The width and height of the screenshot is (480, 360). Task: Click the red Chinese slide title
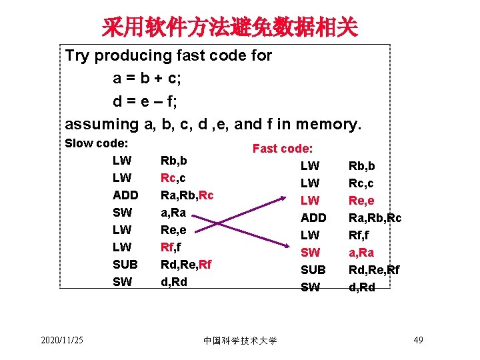tap(229, 27)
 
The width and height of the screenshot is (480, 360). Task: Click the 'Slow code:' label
tap(96, 143)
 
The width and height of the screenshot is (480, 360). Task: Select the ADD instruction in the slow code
tap(125, 195)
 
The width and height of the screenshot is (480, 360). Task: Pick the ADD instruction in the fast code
tap(313, 217)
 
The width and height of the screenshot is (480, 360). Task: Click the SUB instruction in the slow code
tap(125, 264)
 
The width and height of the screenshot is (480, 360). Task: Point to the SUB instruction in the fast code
tap(313, 269)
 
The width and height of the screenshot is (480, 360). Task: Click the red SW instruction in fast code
tap(311, 252)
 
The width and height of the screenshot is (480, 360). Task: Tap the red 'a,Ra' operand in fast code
tap(361, 252)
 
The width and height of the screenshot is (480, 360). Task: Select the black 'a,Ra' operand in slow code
tap(173, 212)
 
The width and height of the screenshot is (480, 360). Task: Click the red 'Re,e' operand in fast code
tap(362, 200)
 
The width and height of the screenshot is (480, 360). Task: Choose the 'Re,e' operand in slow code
tap(174, 229)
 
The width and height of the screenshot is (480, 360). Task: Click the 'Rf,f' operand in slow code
tap(171, 247)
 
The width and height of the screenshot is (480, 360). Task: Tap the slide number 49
tap(419, 341)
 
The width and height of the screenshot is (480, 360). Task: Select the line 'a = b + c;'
tap(147, 78)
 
